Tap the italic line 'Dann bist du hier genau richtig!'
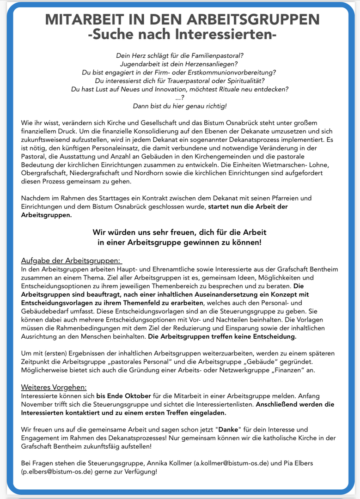pyautogui.click(x=180, y=106)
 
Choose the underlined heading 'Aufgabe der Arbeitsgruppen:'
pyautogui.click(x=71, y=261)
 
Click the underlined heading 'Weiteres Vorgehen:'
pyautogui.click(x=54, y=387)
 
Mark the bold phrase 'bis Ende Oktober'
pyautogui.click(x=123, y=396)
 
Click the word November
pyautogui.click(x=36, y=404)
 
